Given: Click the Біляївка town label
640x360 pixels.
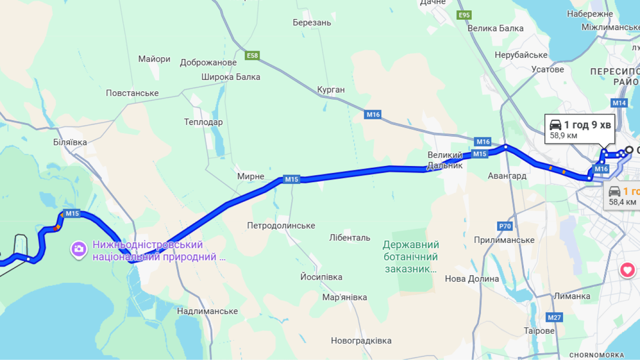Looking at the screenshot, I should pyautogui.click(x=70, y=142).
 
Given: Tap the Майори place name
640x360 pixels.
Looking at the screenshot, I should pyautogui.click(x=154, y=59).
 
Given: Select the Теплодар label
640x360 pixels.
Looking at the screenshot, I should pyautogui.click(x=203, y=122).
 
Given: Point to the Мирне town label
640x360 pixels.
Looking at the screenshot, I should pyautogui.click(x=251, y=177).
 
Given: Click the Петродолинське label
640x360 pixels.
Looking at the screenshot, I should pyautogui.click(x=281, y=226).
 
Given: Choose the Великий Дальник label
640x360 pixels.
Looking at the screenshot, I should pyautogui.click(x=445, y=160).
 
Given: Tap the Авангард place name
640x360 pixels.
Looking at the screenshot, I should pyautogui.click(x=507, y=176).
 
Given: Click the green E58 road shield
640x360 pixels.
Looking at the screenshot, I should pyautogui.click(x=252, y=56).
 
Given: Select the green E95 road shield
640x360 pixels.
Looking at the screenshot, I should pyautogui.click(x=464, y=15).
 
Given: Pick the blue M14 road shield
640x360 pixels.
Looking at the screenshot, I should pyautogui.click(x=619, y=103).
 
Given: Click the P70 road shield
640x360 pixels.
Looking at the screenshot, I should pyautogui.click(x=505, y=226).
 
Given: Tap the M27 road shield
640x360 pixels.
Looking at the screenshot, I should pyautogui.click(x=554, y=317).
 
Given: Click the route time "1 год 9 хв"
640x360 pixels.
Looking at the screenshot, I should pyautogui.click(x=587, y=125).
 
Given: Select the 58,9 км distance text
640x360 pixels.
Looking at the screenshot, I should pyautogui.click(x=564, y=136).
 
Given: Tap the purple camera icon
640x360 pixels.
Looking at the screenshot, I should pyautogui.click(x=78, y=249).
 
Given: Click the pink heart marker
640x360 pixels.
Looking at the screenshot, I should pyautogui.click(x=628, y=270).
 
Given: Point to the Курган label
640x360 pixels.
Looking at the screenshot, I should pyautogui.click(x=331, y=90).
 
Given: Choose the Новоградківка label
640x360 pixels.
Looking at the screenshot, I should pyautogui.click(x=361, y=341).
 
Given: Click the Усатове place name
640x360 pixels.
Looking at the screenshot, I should pyautogui.click(x=548, y=69).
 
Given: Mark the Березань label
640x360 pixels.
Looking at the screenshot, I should pyautogui.click(x=312, y=22).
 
